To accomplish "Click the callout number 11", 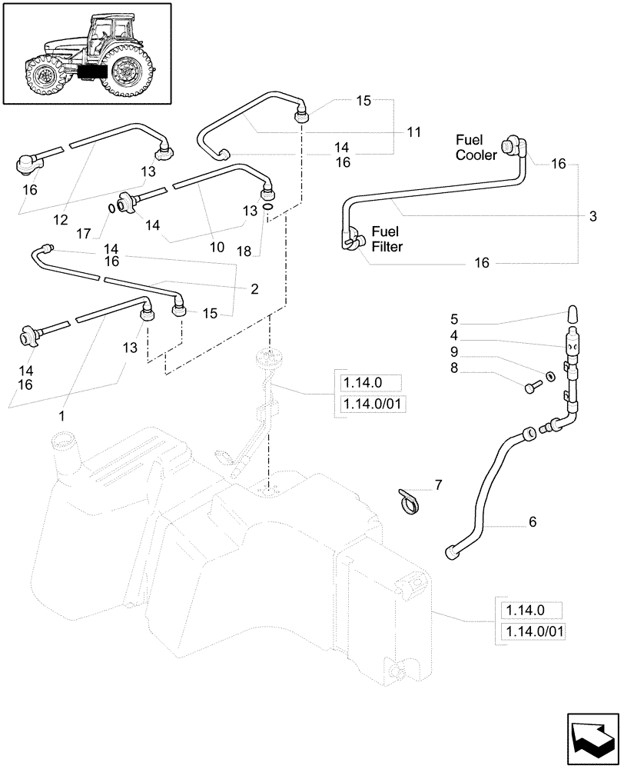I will pyautogui.click(x=414, y=132).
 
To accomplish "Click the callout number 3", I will pyautogui.click(x=592, y=218).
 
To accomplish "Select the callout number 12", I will pyautogui.click(x=61, y=220).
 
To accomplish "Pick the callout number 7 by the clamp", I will pyautogui.click(x=438, y=484).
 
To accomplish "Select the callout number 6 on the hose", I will pyautogui.click(x=532, y=521).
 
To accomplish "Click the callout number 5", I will pyautogui.click(x=454, y=319).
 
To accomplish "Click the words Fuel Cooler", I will pyautogui.click(x=476, y=147).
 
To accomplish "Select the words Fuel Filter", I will pyautogui.click(x=387, y=239).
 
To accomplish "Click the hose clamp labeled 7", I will pyautogui.click(x=411, y=501).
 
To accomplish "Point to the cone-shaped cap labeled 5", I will pyautogui.click(x=573, y=314).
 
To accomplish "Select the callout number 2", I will pyautogui.click(x=254, y=289).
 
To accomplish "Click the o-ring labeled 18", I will pyautogui.click(x=266, y=206).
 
